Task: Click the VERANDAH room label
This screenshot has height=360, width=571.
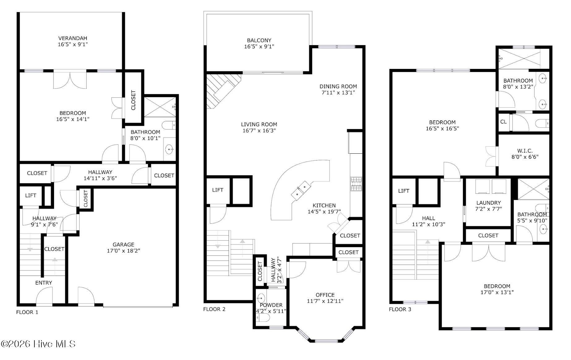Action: [73, 38]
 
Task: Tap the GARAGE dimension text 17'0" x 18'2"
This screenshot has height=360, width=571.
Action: [123, 251]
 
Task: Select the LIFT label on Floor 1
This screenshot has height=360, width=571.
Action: [31, 195]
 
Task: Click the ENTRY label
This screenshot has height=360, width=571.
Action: [44, 283]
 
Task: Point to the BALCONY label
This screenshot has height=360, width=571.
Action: [259, 41]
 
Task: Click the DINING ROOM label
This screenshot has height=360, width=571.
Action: [338, 87]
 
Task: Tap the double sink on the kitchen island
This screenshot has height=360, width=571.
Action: [301, 190]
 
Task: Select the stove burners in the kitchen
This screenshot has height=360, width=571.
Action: [356, 183]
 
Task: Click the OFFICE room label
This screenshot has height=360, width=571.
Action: [325, 295]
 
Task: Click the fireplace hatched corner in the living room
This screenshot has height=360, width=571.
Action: [221, 90]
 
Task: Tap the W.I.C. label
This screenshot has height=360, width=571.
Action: [525, 151]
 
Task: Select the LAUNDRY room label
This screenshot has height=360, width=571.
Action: [488, 203]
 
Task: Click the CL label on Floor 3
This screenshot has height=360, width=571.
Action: [504, 122]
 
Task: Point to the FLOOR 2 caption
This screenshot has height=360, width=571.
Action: [214, 309]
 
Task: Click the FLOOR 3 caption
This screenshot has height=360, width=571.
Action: [400, 309]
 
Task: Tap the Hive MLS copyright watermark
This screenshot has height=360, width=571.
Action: [38, 344]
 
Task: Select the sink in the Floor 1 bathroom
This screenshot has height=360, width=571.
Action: [169, 150]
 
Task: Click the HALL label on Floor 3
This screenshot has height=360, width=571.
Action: [428, 218]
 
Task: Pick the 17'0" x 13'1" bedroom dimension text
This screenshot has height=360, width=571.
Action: [497, 292]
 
